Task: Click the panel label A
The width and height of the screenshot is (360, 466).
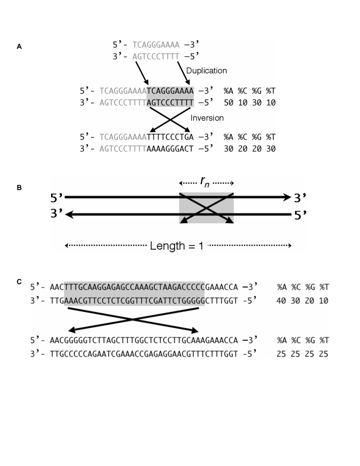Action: [19, 47]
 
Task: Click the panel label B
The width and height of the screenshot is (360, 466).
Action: [19, 188]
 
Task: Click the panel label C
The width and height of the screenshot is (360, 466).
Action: [19, 282]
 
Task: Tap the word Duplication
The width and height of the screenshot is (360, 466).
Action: [206, 71]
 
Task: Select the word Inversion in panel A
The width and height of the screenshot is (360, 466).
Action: [207, 118]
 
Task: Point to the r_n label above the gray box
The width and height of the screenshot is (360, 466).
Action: [205, 182]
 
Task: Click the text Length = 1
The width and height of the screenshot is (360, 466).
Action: [177, 246]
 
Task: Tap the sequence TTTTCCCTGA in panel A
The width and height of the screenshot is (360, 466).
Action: [170, 137]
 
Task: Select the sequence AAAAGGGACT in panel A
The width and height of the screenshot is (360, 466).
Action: [170, 149]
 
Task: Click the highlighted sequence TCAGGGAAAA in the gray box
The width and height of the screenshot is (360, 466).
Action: [170, 91]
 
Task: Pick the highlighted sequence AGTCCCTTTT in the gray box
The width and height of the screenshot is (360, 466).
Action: [170, 103]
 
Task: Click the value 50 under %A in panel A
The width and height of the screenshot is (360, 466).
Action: [229, 103]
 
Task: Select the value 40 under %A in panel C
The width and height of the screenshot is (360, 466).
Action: [281, 301]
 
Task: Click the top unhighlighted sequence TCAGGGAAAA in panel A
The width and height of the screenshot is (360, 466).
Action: [156, 45]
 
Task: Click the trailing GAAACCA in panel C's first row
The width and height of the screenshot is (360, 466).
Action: [221, 287]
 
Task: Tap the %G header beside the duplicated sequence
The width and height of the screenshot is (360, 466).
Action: [256, 91]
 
